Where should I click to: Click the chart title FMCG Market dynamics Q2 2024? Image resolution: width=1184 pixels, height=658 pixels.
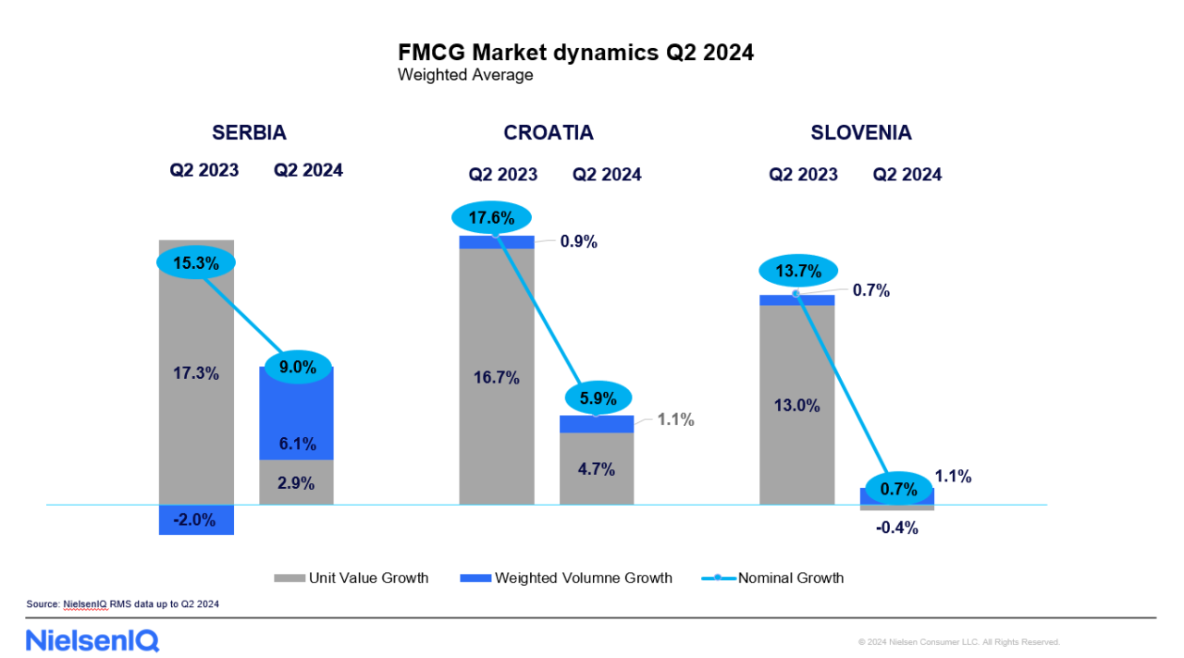coord(575,52)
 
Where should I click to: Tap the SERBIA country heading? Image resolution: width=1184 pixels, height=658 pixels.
coord(249,132)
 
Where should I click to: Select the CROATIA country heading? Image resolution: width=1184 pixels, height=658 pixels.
coord(549,132)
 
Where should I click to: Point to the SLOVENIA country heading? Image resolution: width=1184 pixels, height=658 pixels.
coord(861,132)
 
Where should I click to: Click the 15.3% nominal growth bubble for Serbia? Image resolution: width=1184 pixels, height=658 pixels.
coord(196,262)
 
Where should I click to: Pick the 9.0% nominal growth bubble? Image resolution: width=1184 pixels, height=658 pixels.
coord(297,367)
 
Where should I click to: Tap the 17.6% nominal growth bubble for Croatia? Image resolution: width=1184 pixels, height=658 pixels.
coord(491,219)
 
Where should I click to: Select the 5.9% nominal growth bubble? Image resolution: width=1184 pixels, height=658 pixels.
coord(597,398)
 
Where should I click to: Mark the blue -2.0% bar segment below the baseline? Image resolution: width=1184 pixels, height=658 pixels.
coord(196,519)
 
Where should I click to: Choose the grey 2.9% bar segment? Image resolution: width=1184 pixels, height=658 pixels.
coord(296,482)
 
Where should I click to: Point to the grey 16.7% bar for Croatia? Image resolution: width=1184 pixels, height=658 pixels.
coord(497,377)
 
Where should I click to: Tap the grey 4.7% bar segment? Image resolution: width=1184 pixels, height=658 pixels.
coord(597,469)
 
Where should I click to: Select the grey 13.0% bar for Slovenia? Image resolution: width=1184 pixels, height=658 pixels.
coord(796,405)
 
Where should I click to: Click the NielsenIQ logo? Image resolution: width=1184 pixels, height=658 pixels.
coord(92,640)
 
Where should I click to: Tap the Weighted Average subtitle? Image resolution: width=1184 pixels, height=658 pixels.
coord(465,75)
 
